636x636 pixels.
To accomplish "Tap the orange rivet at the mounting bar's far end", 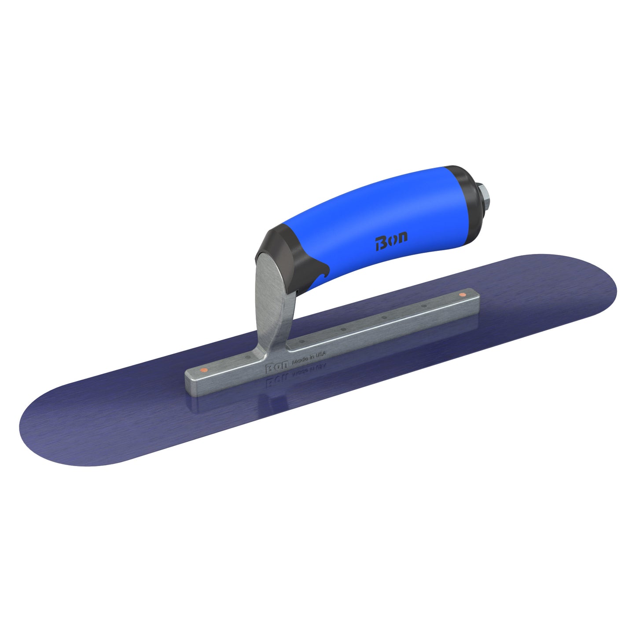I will pos(462,294).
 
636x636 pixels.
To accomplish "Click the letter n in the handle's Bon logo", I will pos(401,238).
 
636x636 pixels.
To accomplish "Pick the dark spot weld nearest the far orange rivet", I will pos(424,305).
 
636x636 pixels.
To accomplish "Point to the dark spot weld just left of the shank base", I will pos(248,357).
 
